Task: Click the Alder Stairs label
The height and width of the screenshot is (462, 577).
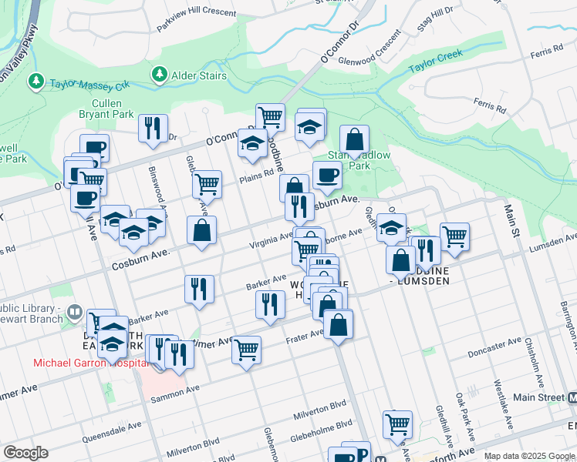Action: [199, 75]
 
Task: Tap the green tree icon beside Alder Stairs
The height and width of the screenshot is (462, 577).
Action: [160, 74]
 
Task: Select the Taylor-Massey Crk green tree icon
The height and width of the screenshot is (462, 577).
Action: [35, 81]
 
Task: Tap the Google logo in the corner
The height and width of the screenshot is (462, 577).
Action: [25, 453]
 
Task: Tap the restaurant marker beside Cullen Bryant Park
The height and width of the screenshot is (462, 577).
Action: [153, 127]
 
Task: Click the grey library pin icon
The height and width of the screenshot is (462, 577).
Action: [75, 313]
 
